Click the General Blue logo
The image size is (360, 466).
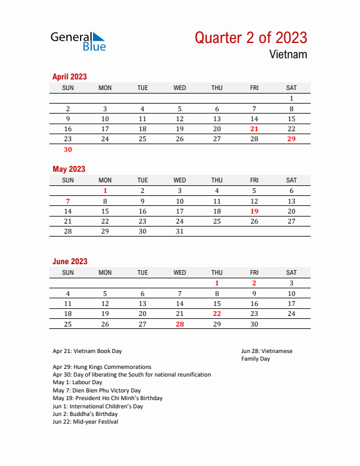(x=78, y=41)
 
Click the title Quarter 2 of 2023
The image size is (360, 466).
(x=251, y=38)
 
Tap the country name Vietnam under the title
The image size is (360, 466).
(x=288, y=55)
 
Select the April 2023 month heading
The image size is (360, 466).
(x=69, y=76)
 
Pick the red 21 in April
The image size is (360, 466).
(x=254, y=129)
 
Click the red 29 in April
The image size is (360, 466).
(x=291, y=139)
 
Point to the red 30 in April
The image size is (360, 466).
(x=68, y=149)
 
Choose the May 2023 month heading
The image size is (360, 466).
(x=69, y=169)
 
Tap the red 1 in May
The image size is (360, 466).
(x=105, y=191)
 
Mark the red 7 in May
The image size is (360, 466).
(x=68, y=201)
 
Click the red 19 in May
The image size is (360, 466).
(x=254, y=211)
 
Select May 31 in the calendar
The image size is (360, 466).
(x=179, y=232)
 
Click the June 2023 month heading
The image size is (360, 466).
(x=70, y=261)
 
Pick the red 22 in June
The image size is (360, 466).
(x=217, y=314)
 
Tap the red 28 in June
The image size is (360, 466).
(x=179, y=324)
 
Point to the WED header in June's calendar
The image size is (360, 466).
(x=179, y=272)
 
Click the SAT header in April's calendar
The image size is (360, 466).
(x=291, y=88)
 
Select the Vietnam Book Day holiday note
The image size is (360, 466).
(x=87, y=351)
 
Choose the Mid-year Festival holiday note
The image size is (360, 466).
(x=85, y=422)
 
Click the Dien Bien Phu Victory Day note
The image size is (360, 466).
(x=96, y=390)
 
